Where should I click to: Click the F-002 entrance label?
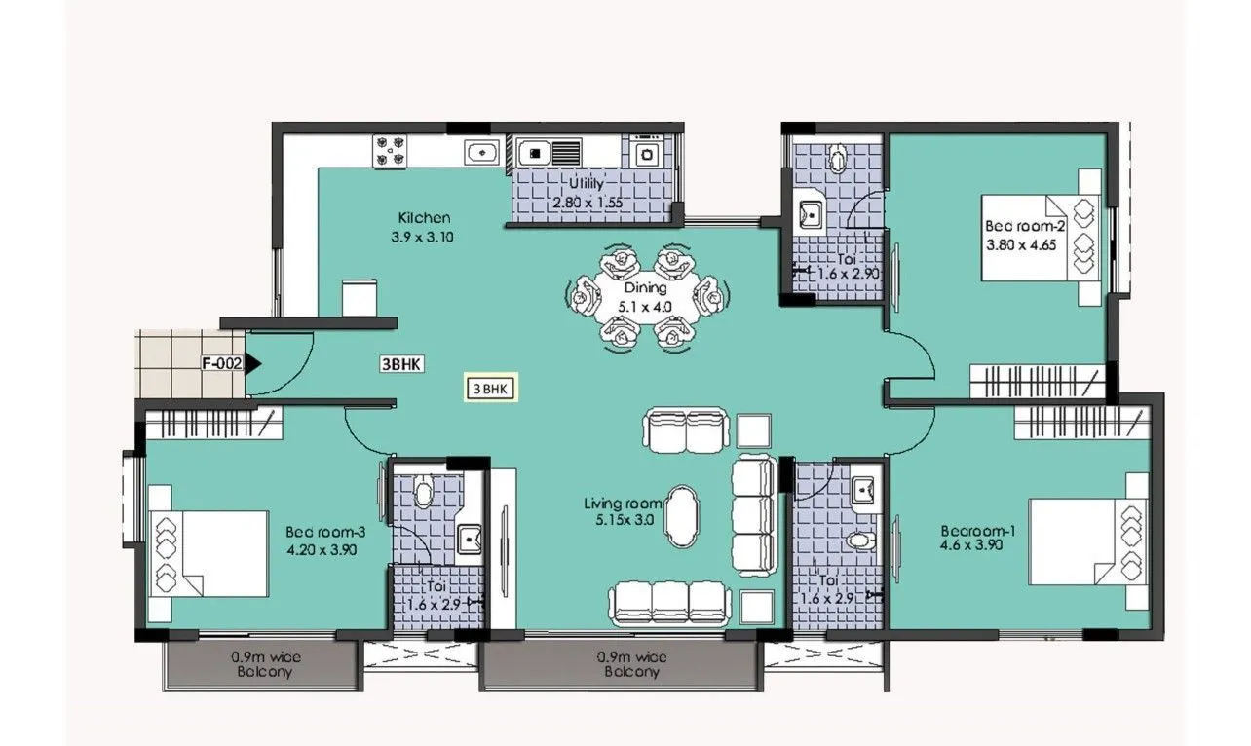click(x=221, y=364)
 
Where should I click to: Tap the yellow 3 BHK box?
click(x=490, y=389)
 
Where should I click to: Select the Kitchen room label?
click(x=424, y=218)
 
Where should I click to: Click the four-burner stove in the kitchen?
click(x=392, y=152)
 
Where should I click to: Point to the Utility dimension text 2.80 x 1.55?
click(x=587, y=204)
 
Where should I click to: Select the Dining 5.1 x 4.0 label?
click(x=646, y=297)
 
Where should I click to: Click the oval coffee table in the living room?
click(x=682, y=517)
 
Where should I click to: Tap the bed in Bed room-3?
click(x=208, y=553)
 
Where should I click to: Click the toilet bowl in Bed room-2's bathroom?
click(x=838, y=155)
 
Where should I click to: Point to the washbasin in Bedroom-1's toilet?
click(x=861, y=491)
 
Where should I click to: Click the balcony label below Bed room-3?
click(x=262, y=664)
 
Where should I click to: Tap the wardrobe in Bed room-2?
click(x=1039, y=381)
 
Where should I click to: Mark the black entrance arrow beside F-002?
click(x=253, y=364)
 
